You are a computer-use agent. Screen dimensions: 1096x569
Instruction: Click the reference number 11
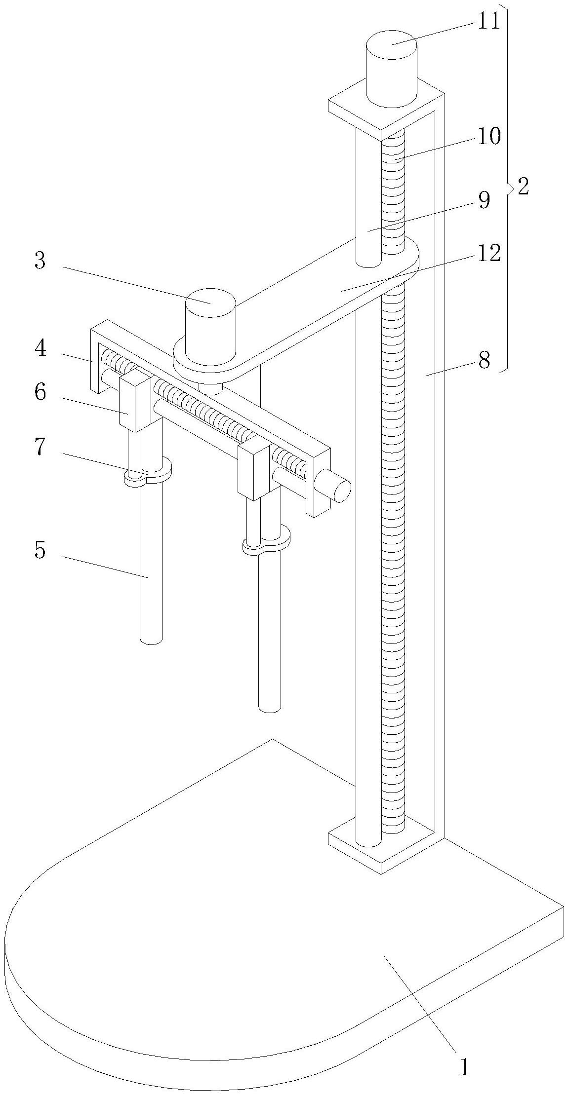[488, 22]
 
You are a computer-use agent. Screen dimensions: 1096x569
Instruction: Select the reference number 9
[484, 201]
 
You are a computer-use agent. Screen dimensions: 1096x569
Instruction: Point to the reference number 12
[488, 254]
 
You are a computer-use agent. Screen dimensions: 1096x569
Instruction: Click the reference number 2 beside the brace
[523, 187]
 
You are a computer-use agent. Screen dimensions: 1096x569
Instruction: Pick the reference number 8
[484, 362]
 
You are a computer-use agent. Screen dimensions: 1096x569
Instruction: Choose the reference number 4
[40, 349]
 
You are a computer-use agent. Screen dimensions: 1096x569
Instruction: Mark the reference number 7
[40, 448]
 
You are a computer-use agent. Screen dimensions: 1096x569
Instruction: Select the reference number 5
[40, 550]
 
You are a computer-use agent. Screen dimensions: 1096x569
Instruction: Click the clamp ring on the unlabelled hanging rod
[267, 543]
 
